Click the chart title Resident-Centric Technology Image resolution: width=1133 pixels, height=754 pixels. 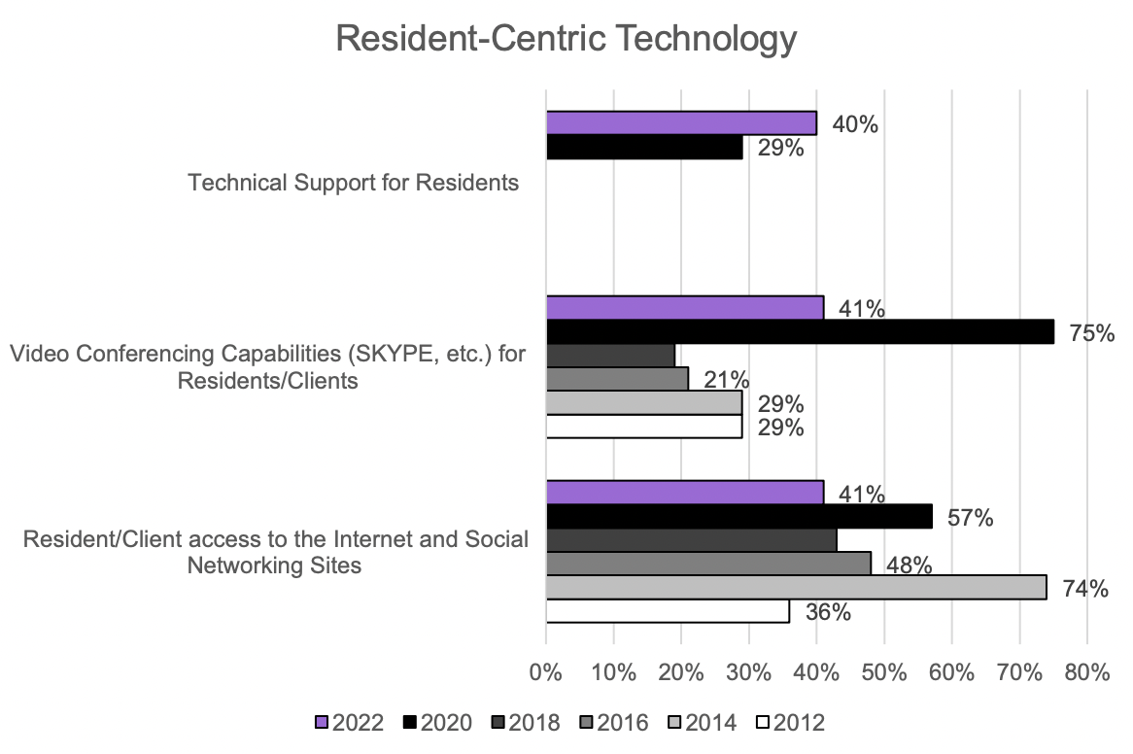[x=566, y=41]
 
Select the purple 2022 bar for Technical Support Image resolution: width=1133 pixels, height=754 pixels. [x=680, y=122]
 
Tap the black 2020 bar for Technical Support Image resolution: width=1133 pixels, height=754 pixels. [x=643, y=147]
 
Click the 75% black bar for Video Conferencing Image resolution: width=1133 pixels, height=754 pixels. [x=799, y=331]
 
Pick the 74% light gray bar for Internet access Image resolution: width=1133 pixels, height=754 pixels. [x=795, y=587]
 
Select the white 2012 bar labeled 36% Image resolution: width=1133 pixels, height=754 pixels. [x=667, y=611]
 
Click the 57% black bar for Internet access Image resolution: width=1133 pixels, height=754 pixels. [x=738, y=516]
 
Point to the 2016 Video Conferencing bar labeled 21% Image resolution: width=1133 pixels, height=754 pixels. [x=616, y=379]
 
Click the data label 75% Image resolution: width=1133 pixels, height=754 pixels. [x=1090, y=333]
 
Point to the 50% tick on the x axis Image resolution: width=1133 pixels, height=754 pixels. [x=883, y=672]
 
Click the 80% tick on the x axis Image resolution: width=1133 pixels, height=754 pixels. [x=1086, y=672]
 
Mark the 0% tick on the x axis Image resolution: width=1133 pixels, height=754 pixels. [x=546, y=672]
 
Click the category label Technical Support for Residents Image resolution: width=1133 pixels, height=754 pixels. [x=354, y=183]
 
